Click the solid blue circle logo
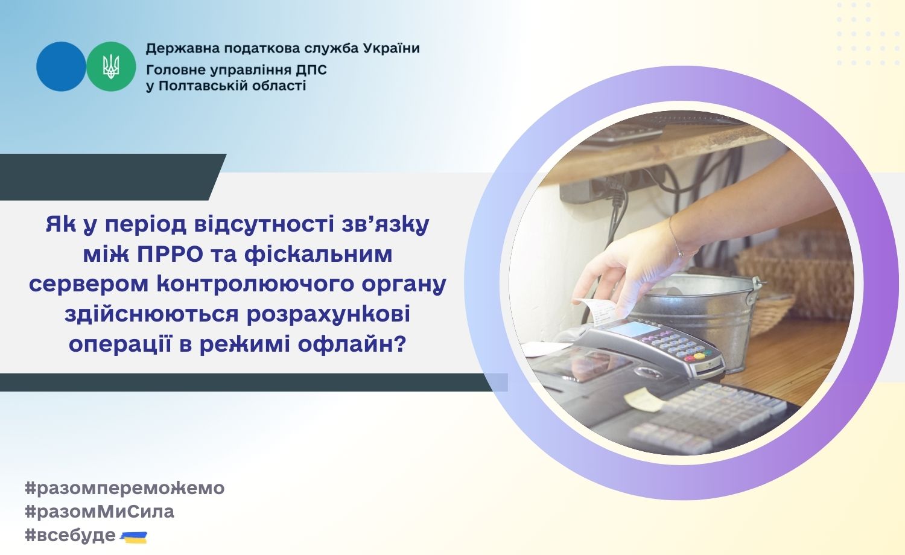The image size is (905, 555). (x=61, y=66)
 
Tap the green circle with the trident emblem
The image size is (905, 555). (x=111, y=66)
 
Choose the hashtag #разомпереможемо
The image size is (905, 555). (x=125, y=489)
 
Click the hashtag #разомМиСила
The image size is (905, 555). (x=100, y=512)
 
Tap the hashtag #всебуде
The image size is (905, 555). (x=71, y=536)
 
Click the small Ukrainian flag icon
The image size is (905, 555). (x=134, y=538)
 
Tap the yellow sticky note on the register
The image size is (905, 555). (x=644, y=399)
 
